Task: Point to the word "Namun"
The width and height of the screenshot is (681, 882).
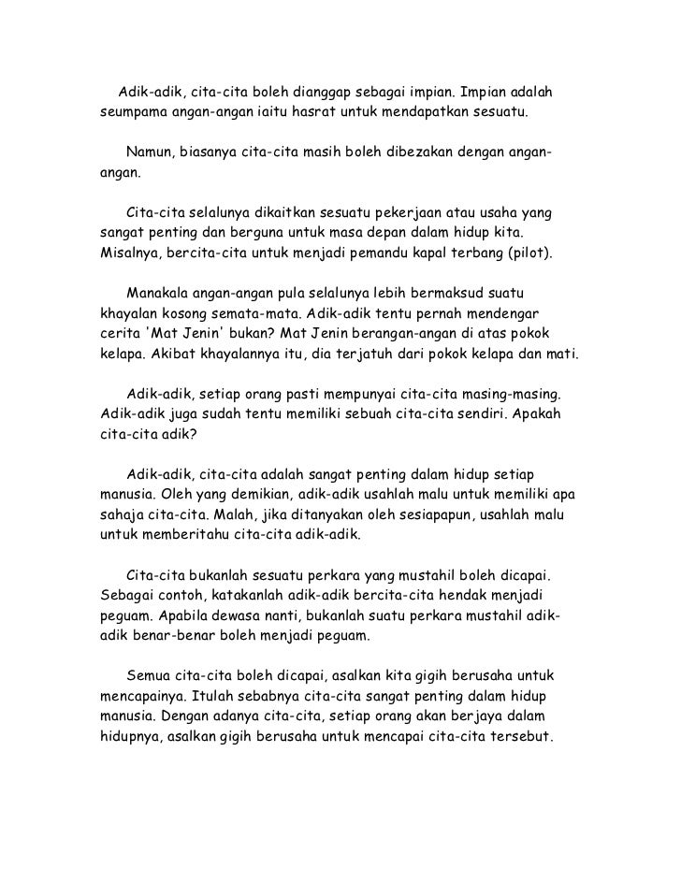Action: [x=148, y=153]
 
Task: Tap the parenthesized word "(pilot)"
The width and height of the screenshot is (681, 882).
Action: [x=529, y=253]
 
